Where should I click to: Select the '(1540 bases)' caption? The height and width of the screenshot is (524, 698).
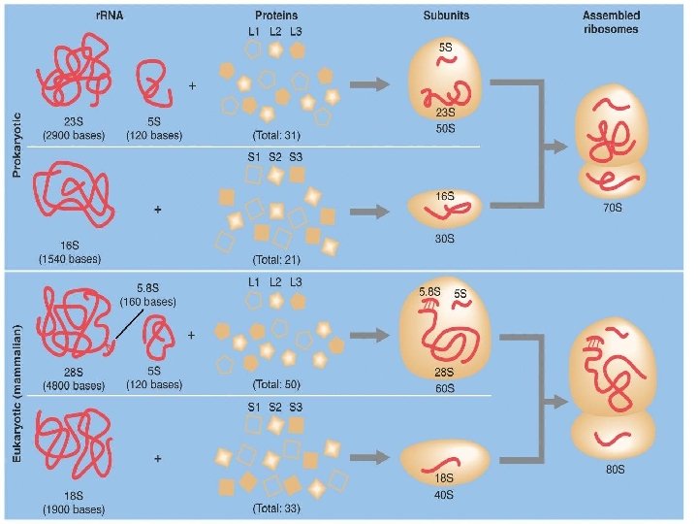[x=71, y=259]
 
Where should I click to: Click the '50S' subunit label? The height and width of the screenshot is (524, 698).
[x=447, y=129]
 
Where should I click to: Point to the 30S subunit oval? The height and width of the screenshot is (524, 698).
[x=446, y=209]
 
